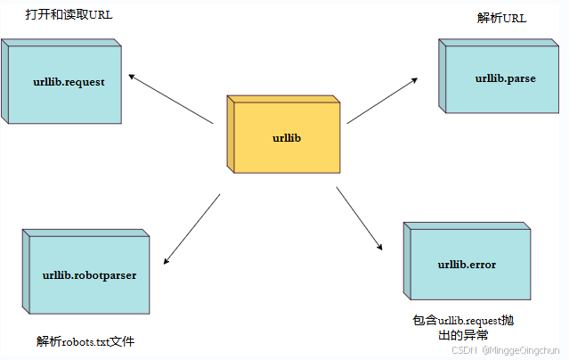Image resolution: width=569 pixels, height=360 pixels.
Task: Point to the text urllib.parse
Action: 506,78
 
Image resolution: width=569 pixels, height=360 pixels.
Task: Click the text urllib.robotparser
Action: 89,274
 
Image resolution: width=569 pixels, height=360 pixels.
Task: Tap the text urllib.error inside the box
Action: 467,265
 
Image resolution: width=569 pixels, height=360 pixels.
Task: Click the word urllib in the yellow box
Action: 288,137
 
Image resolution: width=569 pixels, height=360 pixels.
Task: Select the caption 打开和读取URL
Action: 69,16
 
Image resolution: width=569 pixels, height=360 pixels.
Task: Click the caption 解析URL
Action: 502,18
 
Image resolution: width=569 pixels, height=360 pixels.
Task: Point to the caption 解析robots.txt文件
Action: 86,341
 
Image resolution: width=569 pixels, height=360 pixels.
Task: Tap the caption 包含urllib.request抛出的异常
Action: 463,327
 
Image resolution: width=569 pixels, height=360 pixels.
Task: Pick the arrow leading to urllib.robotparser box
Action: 191,229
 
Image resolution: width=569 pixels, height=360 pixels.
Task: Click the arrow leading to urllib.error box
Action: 360,218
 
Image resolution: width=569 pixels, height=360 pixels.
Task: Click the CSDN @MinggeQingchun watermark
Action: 508,350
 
